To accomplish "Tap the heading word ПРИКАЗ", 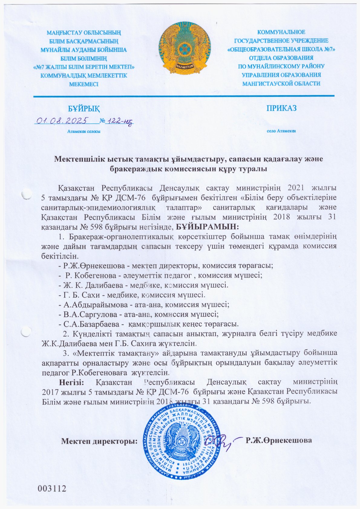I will coord(281,108).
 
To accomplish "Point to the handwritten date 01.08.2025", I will coord(61,121).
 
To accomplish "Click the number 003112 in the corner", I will coord(52,488).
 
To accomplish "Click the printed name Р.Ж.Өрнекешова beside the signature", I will coord(279,440).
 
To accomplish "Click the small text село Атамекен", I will coord(281,131).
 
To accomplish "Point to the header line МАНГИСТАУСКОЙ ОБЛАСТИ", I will coord(281,84).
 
